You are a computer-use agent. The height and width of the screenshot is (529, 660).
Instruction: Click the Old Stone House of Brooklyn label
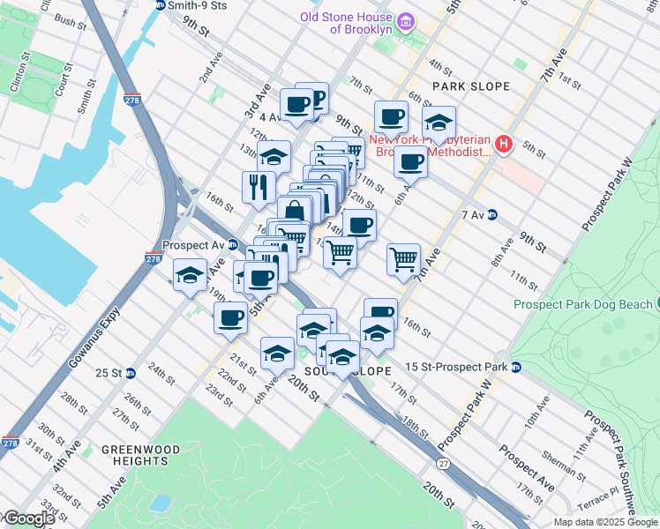(346, 22)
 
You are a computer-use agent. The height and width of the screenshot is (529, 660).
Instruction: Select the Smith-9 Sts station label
(198, 5)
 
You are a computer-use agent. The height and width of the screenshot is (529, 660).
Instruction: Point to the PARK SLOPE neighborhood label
(471, 86)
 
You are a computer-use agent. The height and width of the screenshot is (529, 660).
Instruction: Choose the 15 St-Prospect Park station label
(456, 367)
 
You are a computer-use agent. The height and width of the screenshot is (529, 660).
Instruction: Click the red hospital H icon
(504, 144)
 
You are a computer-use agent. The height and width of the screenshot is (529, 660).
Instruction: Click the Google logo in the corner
(28, 518)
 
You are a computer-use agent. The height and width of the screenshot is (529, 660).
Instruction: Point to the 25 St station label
(109, 373)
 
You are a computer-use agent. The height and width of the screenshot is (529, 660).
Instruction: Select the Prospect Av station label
(192, 245)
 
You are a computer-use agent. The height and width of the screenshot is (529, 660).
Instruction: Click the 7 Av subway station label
(475, 214)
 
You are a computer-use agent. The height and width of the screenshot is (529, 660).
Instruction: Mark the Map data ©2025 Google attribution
(605, 522)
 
